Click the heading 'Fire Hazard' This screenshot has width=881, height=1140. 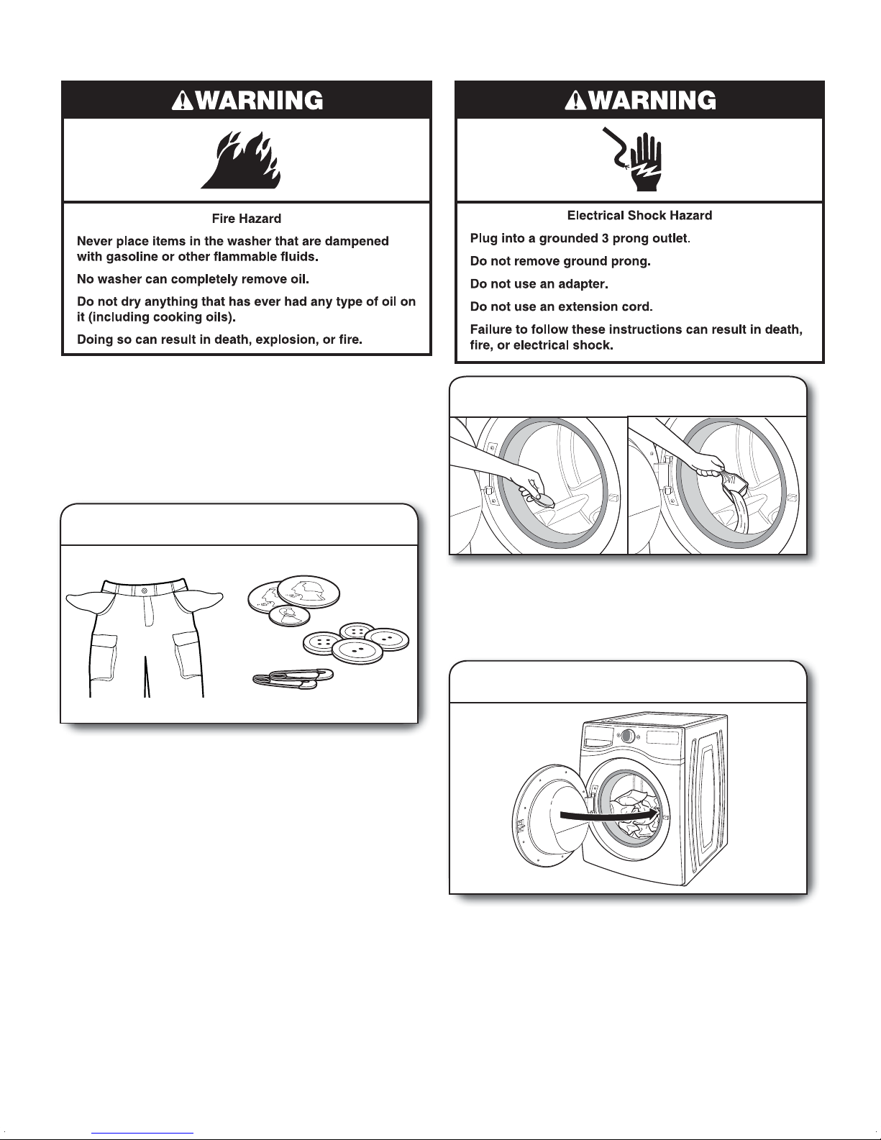[246, 218]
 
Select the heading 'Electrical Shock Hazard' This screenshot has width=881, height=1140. [639, 215]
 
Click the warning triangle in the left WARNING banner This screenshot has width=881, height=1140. [182, 101]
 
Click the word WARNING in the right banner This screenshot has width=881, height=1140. [652, 100]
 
